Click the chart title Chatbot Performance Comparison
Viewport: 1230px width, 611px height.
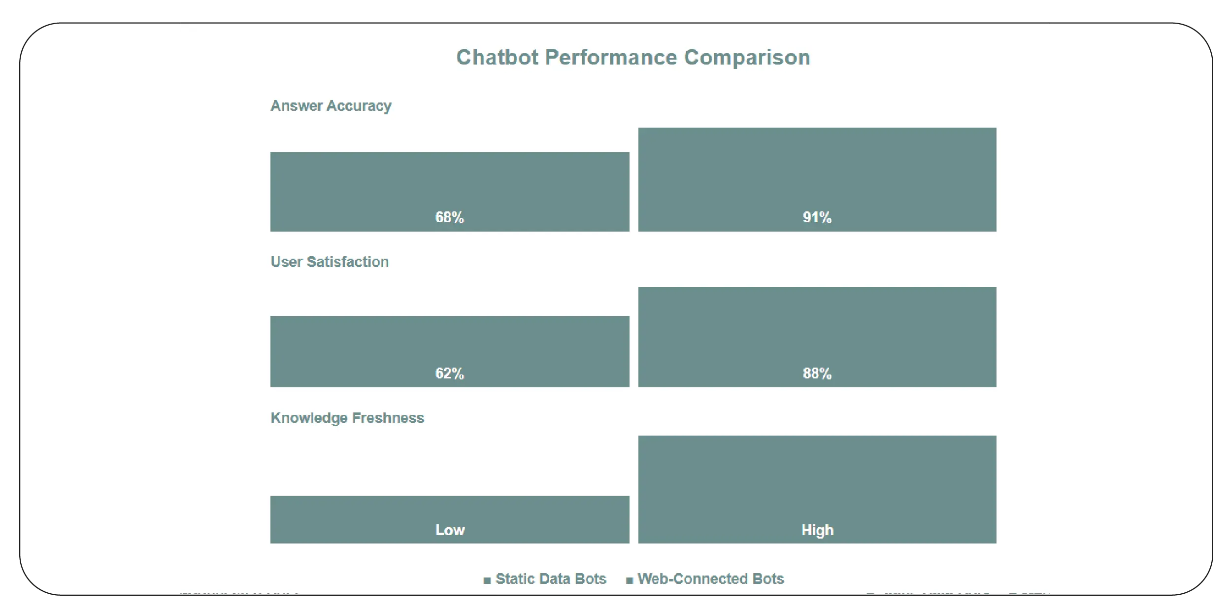point(633,58)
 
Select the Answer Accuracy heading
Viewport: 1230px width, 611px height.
point(331,106)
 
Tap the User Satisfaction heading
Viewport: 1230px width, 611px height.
point(330,262)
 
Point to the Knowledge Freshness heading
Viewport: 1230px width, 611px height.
point(347,418)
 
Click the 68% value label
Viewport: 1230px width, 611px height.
point(449,217)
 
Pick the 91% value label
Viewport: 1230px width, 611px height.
point(817,217)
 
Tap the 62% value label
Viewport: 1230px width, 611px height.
point(449,373)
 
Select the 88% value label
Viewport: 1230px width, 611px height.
point(817,373)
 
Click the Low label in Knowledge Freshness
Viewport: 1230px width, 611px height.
point(450,530)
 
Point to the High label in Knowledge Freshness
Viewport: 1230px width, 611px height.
point(817,530)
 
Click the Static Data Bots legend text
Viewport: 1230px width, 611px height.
point(551,578)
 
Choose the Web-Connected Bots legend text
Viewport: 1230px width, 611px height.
point(710,578)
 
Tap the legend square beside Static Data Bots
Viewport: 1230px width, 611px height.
point(487,580)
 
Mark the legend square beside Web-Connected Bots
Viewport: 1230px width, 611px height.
point(629,580)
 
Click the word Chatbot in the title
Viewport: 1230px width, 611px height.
point(498,58)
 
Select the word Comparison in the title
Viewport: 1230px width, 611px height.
point(747,58)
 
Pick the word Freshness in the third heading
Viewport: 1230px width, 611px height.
point(388,418)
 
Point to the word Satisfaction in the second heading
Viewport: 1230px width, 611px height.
point(347,262)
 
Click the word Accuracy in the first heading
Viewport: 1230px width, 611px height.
point(359,106)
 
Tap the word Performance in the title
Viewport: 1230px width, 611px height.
point(611,58)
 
